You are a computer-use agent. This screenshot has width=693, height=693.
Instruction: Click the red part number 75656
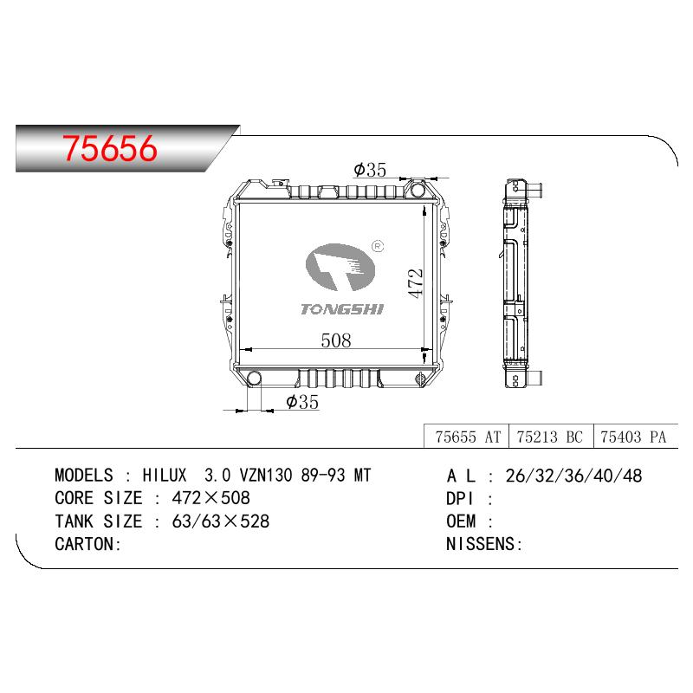110,148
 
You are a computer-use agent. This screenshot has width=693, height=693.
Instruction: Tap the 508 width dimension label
336,340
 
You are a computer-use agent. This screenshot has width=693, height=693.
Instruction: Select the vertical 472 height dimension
415,283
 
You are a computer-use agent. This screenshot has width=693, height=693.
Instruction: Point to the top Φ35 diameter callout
370,170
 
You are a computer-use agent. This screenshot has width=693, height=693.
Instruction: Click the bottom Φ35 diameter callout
302,402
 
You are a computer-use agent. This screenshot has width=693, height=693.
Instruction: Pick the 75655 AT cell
468,437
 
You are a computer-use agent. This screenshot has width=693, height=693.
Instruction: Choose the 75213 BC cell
550,437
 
